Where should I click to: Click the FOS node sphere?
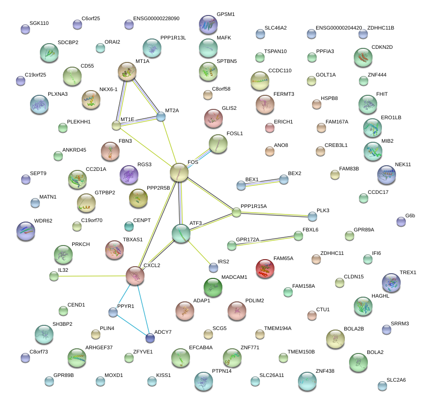point(179,173)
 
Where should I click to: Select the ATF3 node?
point(181,233)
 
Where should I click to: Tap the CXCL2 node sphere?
point(135,276)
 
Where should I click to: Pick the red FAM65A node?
point(265,269)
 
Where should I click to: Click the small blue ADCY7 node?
point(150,338)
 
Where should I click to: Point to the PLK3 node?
point(312,216)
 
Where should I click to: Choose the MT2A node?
point(161,116)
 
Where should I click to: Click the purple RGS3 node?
point(129,175)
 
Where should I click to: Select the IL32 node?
point(54,276)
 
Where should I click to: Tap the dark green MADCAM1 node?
point(213,287)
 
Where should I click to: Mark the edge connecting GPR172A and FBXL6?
point(265,240)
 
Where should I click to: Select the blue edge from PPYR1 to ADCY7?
point(131,325)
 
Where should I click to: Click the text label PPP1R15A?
point(253,206)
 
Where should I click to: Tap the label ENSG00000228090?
point(156,18)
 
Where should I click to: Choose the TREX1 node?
point(391,283)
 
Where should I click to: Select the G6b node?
point(401,222)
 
